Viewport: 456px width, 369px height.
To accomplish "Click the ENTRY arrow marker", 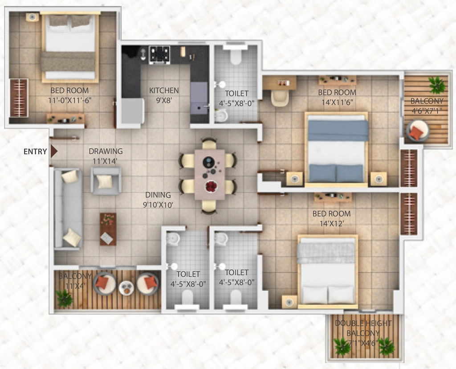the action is coord(54,152).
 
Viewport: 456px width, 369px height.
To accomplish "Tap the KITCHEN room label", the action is coord(164,90).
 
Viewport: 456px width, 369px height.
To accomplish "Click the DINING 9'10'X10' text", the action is coord(158,200).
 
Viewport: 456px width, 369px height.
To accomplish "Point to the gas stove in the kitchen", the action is coord(159,55).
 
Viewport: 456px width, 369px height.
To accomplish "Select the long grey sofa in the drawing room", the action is coord(68,209).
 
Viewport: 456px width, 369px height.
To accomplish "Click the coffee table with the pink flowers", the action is coord(108,229).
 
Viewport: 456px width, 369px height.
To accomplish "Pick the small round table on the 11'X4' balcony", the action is coord(126,288).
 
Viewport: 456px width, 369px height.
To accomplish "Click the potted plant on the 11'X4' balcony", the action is coord(64,299).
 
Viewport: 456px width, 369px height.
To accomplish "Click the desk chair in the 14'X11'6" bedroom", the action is coord(280,98).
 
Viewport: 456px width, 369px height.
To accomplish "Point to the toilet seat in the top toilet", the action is coord(236,55).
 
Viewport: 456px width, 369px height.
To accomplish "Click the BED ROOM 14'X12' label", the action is coord(331,218).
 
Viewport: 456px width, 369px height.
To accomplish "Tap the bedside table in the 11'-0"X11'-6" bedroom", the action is coord(32,17).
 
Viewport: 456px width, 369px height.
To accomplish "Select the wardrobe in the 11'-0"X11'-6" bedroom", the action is coord(19,98).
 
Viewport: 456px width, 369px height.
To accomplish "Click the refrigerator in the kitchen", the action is coord(133,111).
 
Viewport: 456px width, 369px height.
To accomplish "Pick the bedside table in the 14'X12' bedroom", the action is coord(289,302).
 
